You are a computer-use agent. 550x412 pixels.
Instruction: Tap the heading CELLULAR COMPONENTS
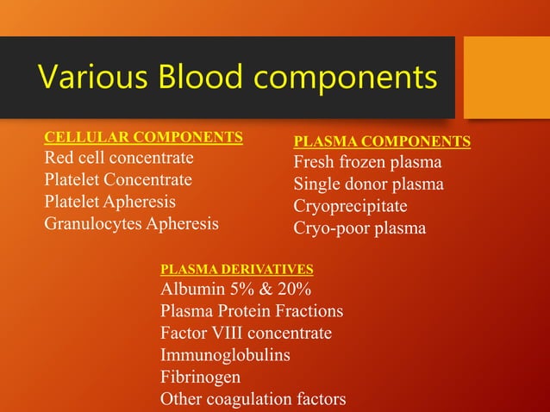[143, 137]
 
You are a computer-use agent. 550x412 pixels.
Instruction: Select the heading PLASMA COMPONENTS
[382, 141]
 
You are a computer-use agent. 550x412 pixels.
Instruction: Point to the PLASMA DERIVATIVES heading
[237, 270]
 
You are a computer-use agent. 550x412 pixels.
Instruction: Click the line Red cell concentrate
[119, 159]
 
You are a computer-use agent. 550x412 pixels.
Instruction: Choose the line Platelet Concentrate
[118, 180]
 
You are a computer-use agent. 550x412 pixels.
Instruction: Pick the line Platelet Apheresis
[109, 202]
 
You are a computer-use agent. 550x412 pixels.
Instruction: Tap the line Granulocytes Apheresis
[131, 224]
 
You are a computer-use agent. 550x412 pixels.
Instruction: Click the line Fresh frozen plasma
[367, 163]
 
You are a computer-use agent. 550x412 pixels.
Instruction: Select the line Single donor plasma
[368, 184]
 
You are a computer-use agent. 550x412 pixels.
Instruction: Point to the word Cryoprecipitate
[350, 207]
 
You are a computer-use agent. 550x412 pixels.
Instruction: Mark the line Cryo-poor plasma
[359, 228]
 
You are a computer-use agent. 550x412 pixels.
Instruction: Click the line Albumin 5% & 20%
[236, 289]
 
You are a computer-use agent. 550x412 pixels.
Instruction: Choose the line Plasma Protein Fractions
[252, 311]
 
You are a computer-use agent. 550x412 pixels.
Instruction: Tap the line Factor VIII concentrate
[246, 334]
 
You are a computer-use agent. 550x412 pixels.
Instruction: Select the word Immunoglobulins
[225, 355]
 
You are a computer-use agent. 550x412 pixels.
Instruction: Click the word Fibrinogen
[201, 378]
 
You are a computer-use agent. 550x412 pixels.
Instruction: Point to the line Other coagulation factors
[253, 399]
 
